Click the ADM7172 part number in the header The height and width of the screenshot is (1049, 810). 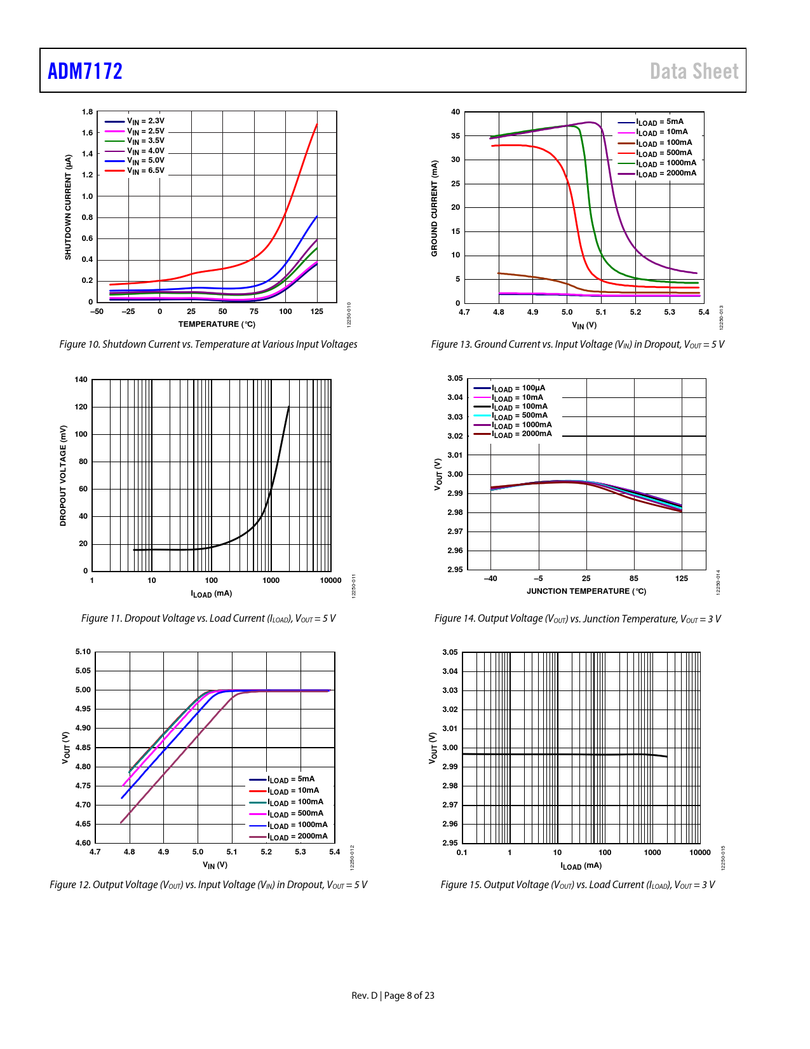coord(85,71)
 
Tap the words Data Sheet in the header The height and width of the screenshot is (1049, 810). coord(694,71)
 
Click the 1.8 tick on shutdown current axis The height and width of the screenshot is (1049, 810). coord(87,112)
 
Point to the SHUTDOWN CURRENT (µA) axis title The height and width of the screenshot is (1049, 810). coord(68,207)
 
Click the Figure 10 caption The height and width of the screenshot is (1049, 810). coord(208,344)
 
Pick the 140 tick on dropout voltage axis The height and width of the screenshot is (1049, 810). coord(81,380)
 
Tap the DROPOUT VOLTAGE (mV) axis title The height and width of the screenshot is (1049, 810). coord(63,476)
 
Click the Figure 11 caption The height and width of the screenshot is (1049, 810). coord(208,618)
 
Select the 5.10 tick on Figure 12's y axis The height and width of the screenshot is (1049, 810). coord(83,652)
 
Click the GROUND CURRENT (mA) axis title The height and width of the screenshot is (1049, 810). coord(435,208)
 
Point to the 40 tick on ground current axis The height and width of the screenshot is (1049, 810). coord(456,112)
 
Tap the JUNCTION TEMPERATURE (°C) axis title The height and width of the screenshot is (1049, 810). coord(586,591)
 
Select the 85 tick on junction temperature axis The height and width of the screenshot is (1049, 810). coord(634,579)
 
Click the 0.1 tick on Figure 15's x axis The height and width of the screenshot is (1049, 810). coord(462,853)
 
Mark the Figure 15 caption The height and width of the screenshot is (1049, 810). coord(577,884)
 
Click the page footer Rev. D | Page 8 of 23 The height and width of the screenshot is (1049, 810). coord(393,996)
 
